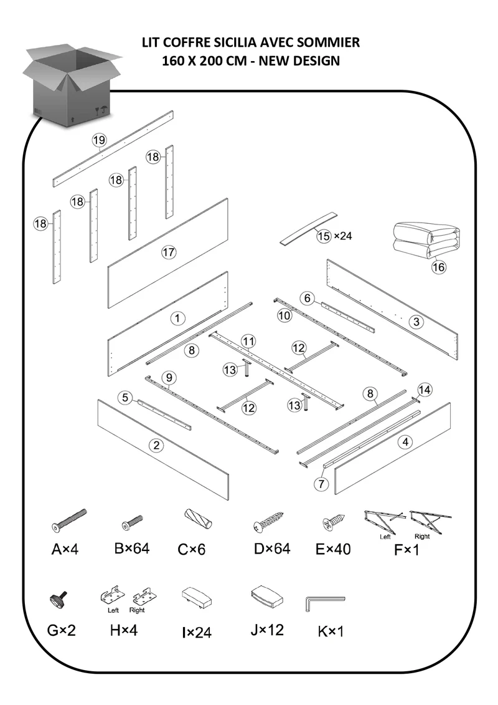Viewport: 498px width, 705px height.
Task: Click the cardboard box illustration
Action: [71, 85]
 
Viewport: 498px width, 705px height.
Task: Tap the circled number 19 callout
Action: [99, 140]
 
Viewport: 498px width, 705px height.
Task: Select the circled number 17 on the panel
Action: [169, 252]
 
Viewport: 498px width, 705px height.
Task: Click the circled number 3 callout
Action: [416, 322]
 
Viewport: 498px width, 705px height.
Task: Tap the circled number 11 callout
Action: [248, 342]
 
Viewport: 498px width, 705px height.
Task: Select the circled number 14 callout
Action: [425, 390]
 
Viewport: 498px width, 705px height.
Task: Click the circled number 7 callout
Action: [321, 484]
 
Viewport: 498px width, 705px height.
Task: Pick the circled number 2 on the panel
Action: [156, 446]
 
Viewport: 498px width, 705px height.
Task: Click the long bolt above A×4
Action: [69, 521]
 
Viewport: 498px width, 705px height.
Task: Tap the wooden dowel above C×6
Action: [197, 519]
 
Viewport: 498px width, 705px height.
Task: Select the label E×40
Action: [333, 549]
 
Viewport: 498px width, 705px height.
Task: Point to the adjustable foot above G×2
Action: [59, 598]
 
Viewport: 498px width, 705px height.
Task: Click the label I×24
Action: [197, 633]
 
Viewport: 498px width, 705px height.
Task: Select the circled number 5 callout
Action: [125, 398]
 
